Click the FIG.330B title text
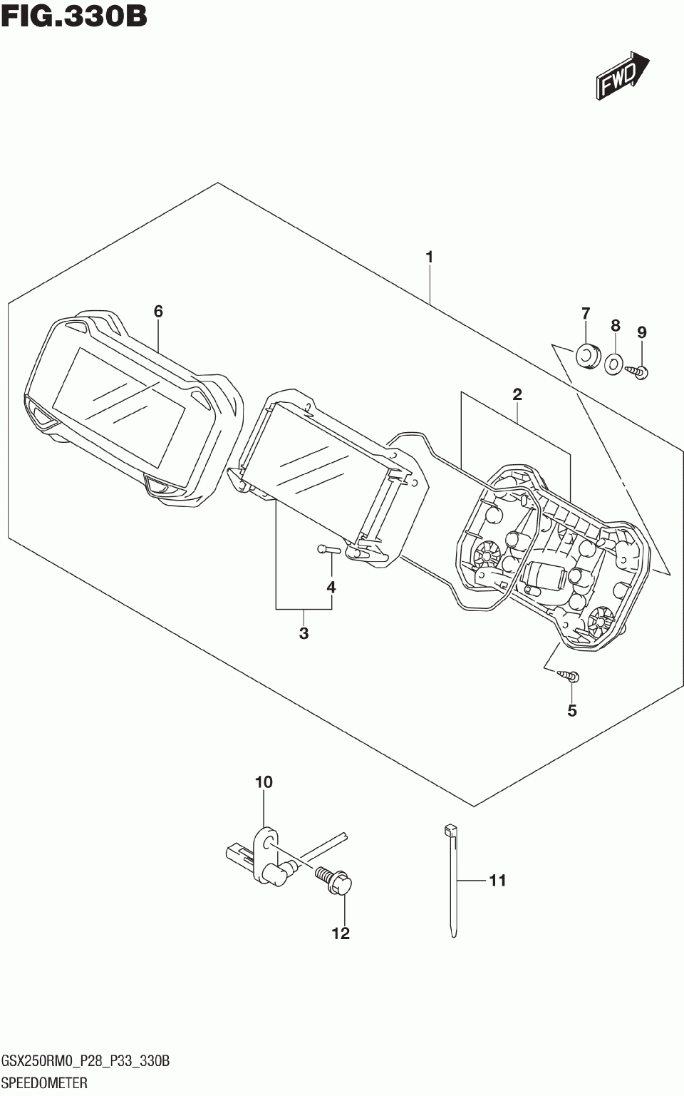click(74, 16)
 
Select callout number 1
click(430, 257)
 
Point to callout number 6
click(158, 311)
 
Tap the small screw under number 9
click(638, 370)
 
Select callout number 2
click(517, 394)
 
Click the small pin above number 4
click(326, 548)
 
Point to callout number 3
click(304, 633)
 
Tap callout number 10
click(264, 782)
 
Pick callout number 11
click(497, 881)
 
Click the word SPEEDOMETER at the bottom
click(44, 1083)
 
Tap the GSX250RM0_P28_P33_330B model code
click(85, 1062)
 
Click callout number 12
click(341, 933)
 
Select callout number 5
click(572, 710)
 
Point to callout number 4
click(331, 588)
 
